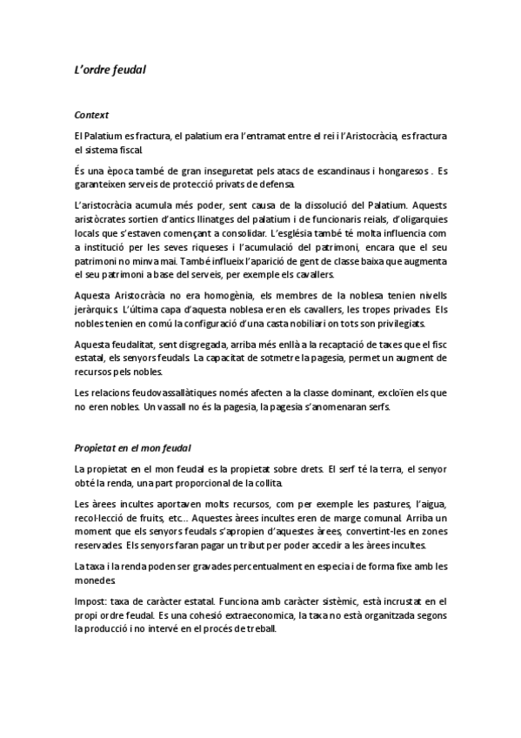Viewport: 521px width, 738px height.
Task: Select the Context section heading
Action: (91, 115)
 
